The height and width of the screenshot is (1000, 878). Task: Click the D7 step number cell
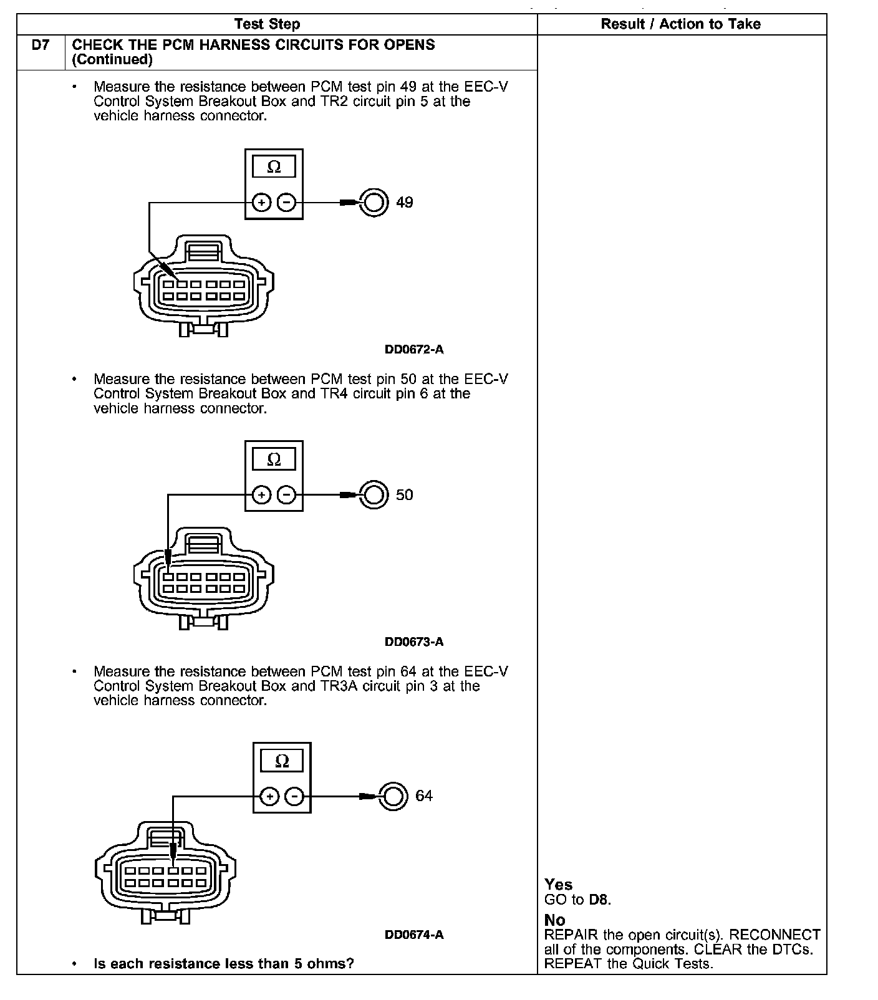tap(41, 46)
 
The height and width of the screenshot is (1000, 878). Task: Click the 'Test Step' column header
tap(267, 24)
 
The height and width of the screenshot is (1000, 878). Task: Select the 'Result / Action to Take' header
tap(680, 24)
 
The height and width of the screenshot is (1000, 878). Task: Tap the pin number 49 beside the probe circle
tap(405, 203)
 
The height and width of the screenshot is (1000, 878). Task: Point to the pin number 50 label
tap(405, 495)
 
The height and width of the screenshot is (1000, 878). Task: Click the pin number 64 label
tap(424, 796)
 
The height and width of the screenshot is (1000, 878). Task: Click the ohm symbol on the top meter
tap(274, 167)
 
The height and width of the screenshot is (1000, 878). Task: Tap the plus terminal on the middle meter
tap(262, 495)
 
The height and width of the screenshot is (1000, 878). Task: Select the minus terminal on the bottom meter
tap(294, 796)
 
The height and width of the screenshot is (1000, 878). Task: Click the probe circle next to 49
tap(374, 203)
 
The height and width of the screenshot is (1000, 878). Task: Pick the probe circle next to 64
tap(393, 796)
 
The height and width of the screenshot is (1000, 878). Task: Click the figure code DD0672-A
tap(414, 350)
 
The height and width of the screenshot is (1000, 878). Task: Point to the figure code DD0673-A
tap(414, 642)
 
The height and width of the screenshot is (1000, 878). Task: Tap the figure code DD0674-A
tap(414, 935)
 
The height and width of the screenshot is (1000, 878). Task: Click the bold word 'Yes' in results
tap(558, 885)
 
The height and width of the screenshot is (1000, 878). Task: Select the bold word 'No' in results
tap(554, 920)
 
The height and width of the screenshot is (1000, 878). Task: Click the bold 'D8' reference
tap(598, 900)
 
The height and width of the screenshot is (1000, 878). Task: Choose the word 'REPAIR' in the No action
tap(571, 935)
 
